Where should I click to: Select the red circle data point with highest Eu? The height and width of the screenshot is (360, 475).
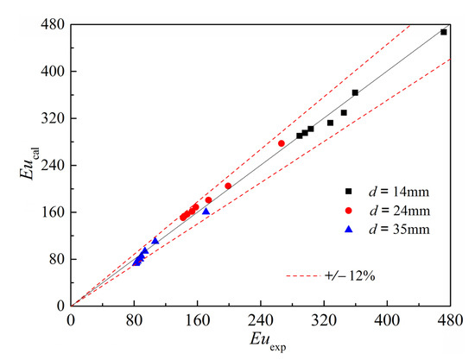(x=282, y=143)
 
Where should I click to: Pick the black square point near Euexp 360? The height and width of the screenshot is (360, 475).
(x=355, y=92)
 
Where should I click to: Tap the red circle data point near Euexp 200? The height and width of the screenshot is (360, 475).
(x=228, y=186)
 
